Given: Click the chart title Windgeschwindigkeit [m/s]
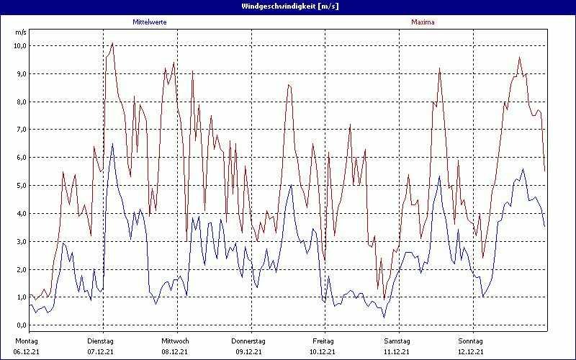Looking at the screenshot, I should click(288, 6).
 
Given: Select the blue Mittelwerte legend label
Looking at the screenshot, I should click(150, 22).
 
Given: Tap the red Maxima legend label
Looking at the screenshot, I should click(423, 22).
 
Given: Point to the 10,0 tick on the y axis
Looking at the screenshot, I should click(20, 46).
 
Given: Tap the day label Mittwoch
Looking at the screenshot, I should click(175, 341).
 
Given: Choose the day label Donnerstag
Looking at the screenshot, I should click(248, 341).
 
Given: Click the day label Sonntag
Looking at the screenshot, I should click(472, 341).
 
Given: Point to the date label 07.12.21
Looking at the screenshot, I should click(100, 351).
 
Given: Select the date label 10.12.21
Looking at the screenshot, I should click(323, 351).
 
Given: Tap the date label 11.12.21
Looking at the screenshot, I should click(397, 351).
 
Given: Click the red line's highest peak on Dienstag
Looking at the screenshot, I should click(112, 43).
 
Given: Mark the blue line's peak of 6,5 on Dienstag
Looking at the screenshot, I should click(112, 143).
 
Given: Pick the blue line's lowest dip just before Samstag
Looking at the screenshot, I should click(384, 318).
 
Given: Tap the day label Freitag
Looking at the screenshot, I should click(323, 341).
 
